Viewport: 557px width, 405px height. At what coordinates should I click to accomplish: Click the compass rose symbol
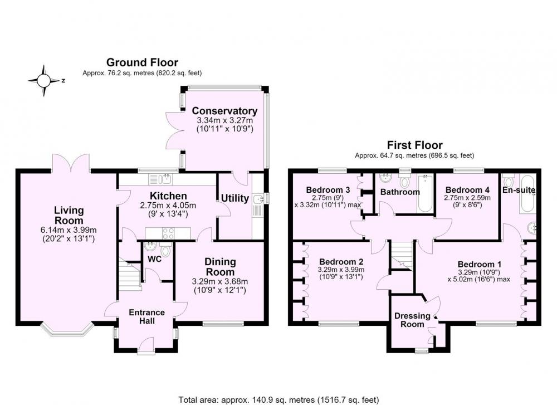tap(44, 81)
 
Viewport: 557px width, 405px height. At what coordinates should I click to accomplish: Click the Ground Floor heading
tap(142, 62)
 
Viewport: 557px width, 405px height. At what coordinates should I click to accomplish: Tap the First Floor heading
tap(414, 145)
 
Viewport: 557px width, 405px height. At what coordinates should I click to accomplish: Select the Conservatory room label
tap(224, 111)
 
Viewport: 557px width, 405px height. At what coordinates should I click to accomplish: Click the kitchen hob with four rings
tap(168, 233)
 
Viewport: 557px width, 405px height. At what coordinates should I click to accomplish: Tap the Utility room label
tap(235, 198)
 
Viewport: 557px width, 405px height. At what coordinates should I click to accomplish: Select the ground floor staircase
tap(130, 272)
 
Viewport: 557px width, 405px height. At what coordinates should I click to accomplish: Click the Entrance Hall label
tap(146, 316)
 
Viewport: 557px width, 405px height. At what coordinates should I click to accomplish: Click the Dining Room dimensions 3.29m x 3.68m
tap(220, 281)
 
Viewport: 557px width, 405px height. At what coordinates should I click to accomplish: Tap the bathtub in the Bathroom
tap(425, 193)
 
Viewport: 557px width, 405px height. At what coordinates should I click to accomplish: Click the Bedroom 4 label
tap(467, 190)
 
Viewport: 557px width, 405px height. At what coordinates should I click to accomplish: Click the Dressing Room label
tap(412, 320)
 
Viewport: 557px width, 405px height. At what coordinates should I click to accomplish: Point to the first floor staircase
tap(402, 256)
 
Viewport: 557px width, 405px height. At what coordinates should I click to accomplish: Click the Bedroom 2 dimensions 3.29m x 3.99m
tap(341, 270)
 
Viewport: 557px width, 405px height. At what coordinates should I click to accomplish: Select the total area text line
tap(278, 400)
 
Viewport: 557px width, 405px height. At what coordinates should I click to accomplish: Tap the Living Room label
tap(69, 215)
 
